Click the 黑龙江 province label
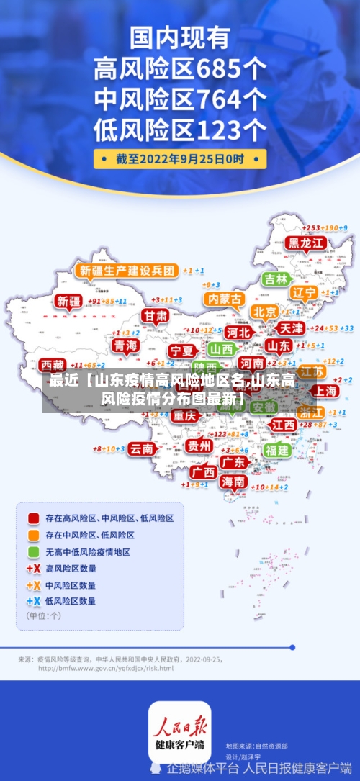click(x=305, y=243)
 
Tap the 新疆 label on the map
click(x=70, y=302)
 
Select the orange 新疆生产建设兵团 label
click(x=127, y=271)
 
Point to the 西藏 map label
click(x=53, y=364)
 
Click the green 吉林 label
click(x=276, y=279)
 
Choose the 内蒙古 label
click(x=224, y=298)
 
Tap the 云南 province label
click(x=141, y=448)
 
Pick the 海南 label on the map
click(x=233, y=481)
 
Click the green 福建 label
click(x=276, y=450)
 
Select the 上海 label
click(x=325, y=391)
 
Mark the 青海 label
click(x=125, y=346)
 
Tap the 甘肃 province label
click(x=154, y=316)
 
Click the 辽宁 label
click(x=304, y=293)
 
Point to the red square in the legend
click(x=33, y=518)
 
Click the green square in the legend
click(x=33, y=552)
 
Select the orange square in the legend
click(x=33, y=535)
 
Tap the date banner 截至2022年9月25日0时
click(x=180, y=158)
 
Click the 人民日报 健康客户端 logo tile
click(x=180, y=731)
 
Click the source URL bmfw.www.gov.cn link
click(x=106, y=668)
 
